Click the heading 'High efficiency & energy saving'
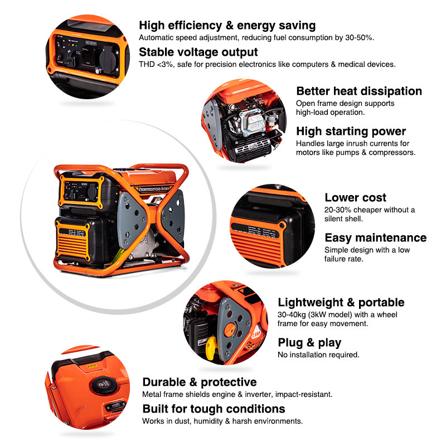227,25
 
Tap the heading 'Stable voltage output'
198,52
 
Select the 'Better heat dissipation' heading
359,91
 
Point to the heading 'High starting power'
351,132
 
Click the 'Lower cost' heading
355,197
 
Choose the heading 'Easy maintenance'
375,237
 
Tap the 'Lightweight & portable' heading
341,302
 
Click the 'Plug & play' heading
309,343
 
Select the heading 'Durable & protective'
200,382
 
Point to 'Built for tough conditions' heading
214,409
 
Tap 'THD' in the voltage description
147,64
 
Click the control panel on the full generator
80,190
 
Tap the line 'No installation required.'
318,355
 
